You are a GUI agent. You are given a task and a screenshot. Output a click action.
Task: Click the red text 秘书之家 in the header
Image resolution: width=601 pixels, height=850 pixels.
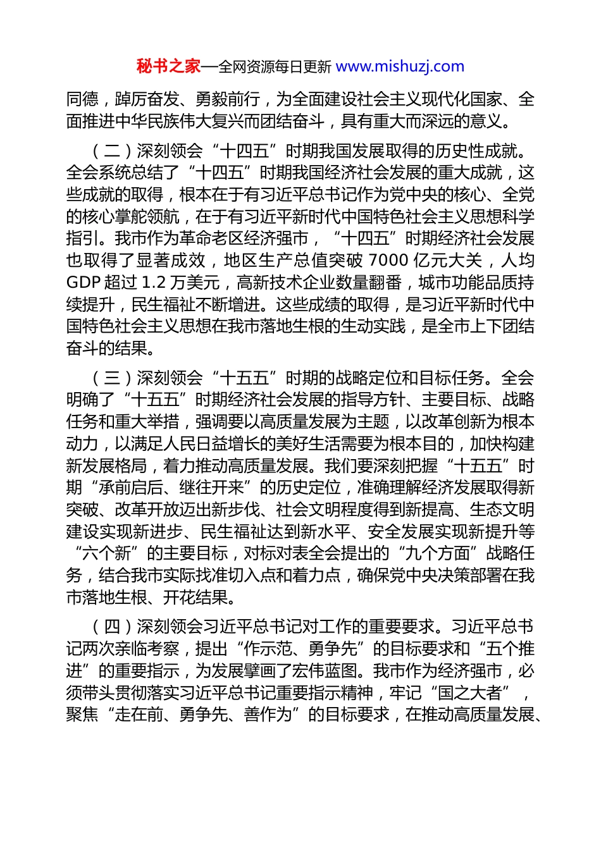[168, 66]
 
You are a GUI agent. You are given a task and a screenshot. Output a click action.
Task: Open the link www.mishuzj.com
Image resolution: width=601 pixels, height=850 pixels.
[400, 66]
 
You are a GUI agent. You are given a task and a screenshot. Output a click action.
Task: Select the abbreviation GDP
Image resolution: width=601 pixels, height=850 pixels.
[84, 283]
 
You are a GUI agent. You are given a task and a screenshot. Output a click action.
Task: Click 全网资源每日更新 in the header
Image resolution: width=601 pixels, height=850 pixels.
[275, 66]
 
